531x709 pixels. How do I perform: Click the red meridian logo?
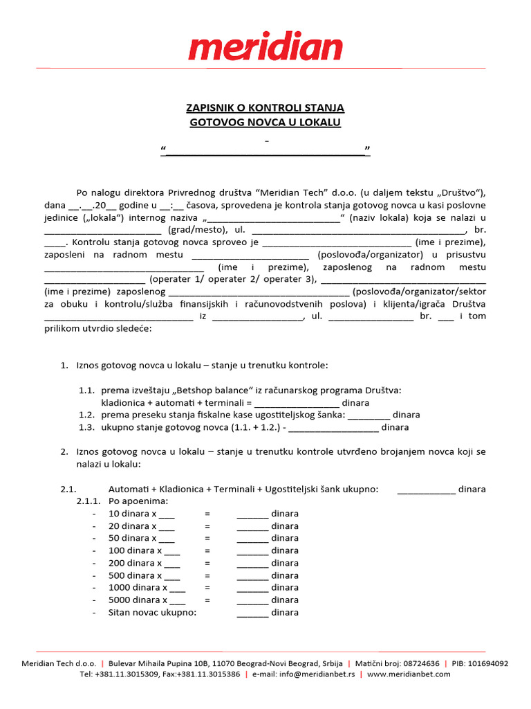[265, 48]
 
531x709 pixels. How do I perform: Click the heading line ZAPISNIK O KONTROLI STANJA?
[265, 108]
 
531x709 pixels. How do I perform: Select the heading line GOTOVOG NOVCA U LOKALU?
[265, 123]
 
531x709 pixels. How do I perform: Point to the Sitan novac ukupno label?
[153, 612]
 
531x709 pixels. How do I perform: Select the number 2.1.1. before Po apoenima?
[88, 501]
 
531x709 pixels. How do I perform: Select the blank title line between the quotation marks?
[265, 151]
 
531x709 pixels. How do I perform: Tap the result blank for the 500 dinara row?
[252, 575]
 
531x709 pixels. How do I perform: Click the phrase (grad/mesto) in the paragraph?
[198, 229]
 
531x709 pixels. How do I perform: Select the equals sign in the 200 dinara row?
[207, 563]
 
